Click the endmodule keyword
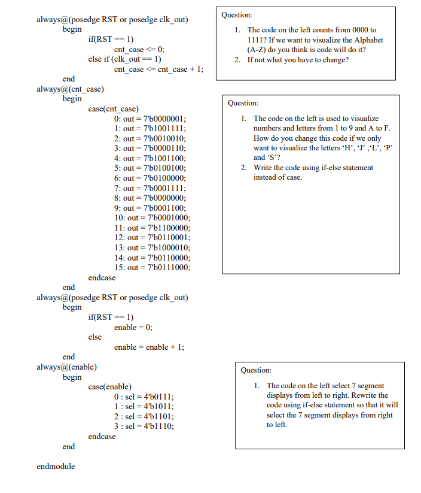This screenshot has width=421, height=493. click(x=56, y=466)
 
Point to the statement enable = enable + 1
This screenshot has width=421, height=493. click(x=149, y=347)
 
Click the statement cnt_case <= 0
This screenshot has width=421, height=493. click(x=139, y=49)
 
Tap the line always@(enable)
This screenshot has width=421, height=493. click(x=67, y=367)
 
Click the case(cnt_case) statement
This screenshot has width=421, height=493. click(x=114, y=109)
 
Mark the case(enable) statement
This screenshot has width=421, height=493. click(x=110, y=387)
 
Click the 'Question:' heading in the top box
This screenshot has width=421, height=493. click(x=237, y=15)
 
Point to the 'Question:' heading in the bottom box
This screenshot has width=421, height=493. click(x=256, y=370)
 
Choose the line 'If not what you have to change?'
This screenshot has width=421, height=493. click(x=298, y=60)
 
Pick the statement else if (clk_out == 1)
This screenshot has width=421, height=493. click(x=125, y=59)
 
